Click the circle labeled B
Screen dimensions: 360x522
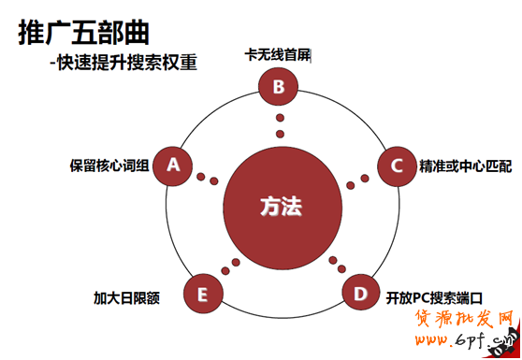(278, 88)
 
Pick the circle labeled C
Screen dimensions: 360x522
(396, 166)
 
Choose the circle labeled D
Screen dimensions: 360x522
(359, 294)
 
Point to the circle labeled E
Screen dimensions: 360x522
(202, 295)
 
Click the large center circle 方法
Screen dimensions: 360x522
(281, 206)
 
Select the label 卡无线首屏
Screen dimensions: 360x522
(276, 54)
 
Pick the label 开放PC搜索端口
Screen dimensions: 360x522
(433, 299)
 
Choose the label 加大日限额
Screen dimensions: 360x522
(126, 299)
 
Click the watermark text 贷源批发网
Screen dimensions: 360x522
(465, 324)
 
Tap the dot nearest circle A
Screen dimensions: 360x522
(199, 174)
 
